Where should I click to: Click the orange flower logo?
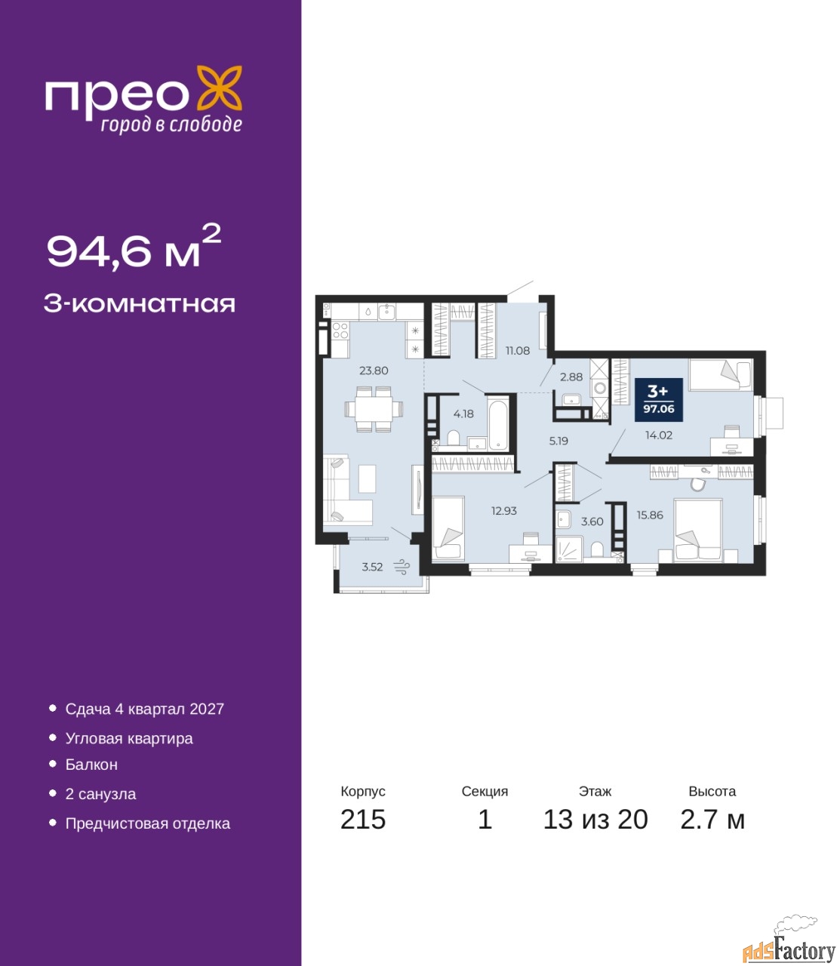pyautogui.click(x=219, y=88)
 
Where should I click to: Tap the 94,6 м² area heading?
pyautogui.click(x=134, y=248)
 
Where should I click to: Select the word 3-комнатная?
pyautogui.click(x=140, y=304)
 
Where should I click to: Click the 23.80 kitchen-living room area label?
pyautogui.click(x=374, y=371)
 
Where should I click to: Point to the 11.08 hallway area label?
pyautogui.click(x=517, y=350)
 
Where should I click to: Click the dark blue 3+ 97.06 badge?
pyautogui.click(x=658, y=399)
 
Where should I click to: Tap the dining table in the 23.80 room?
pyautogui.click(x=374, y=409)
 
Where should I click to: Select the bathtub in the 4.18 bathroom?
pyautogui.click(x=497, y=424)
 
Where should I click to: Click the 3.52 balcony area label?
pyautogui.click(x=373, y=567)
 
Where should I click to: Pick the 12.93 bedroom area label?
pyautogui.click(x=504, y=511)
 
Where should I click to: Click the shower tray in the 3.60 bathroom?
pyautogui.click(x=569, y=549)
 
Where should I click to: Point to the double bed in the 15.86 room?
pyautogui.click(x=698, y=530)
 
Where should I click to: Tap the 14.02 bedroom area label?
pyautogui.click(x=658, y=435)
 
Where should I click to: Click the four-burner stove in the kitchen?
pyautogui.click(x=340, y=331)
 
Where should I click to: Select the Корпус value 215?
pyautogui.click(x=363, y=820)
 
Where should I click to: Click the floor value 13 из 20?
pyautogui.click(x=595, y=820)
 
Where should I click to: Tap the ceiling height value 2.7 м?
pyautogui.click(x=712, y=820)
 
